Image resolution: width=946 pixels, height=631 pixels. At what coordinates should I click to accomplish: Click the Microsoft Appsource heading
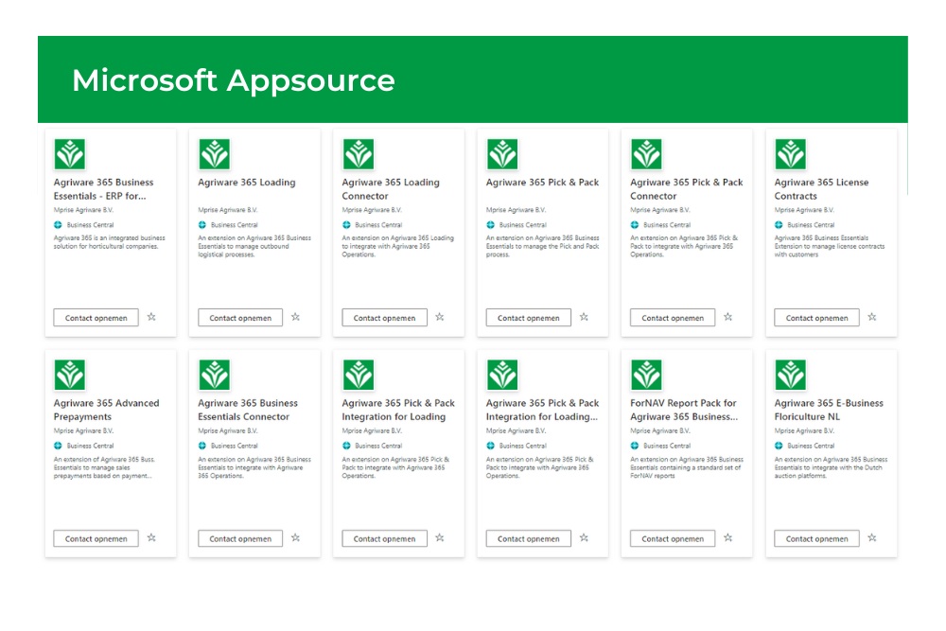[234, 80]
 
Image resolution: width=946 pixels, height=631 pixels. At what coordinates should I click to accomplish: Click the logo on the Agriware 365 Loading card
[214, 154]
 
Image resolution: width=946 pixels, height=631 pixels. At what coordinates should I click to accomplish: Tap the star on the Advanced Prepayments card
[151, 538]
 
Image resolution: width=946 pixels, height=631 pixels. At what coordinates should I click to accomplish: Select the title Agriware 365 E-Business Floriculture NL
[829, 410]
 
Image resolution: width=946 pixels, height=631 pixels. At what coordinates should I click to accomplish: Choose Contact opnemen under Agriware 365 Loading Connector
[384, 318]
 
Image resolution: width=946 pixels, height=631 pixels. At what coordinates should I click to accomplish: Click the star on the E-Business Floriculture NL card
[872, 538]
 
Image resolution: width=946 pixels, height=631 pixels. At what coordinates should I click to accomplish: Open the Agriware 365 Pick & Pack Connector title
[687, 189]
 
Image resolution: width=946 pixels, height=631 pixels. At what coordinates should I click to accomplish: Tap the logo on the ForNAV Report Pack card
[646, 375]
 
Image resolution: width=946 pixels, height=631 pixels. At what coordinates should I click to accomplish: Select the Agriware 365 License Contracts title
[821, 189]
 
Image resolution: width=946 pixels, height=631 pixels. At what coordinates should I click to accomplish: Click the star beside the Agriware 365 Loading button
[295, 318]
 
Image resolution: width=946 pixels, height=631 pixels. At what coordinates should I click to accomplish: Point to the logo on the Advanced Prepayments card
[70, 375]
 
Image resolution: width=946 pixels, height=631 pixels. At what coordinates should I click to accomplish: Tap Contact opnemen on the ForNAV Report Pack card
[673, 539]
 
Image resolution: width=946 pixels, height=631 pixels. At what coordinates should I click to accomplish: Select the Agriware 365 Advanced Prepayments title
[106, 410]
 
